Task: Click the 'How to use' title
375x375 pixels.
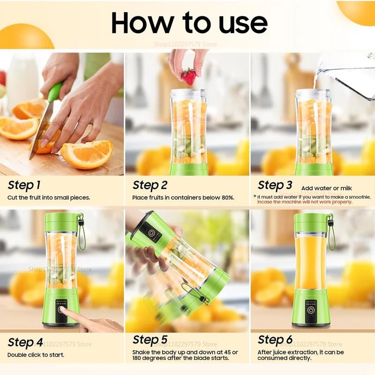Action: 189,22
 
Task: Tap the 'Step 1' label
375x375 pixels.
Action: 24,185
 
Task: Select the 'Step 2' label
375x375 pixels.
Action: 150,185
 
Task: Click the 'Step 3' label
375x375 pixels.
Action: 275,185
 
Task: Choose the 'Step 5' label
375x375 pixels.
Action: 150,339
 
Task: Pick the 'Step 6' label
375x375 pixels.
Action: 275,339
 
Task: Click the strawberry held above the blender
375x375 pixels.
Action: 188,76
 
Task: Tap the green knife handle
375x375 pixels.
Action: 55,92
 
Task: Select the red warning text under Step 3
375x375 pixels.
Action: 304,202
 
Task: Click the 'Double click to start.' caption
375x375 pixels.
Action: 36,355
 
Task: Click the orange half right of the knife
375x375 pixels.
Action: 88,154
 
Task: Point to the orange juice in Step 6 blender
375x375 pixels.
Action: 310,262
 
